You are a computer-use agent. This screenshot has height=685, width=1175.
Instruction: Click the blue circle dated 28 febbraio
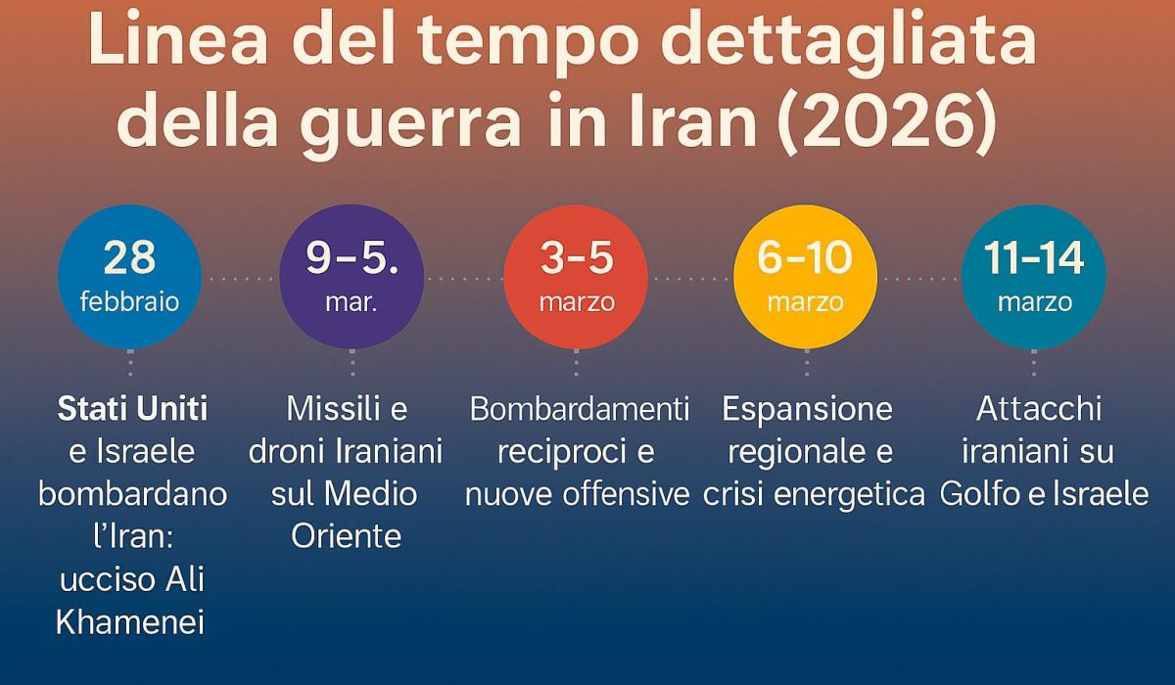coord(129,277)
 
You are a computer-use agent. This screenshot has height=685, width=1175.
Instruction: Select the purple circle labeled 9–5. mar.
coord(352,277)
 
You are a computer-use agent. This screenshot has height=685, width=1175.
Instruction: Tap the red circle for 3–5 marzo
coord(576,277)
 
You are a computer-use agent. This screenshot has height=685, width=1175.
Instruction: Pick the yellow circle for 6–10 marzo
coord(805,277)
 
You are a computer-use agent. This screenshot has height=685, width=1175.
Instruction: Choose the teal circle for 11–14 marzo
coord(1034,277)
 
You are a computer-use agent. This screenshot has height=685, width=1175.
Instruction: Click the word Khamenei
coord(130,622)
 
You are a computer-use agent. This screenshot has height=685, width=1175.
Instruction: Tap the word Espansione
coord(808,409)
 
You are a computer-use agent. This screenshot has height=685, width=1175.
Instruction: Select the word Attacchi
coord(1038,409)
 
